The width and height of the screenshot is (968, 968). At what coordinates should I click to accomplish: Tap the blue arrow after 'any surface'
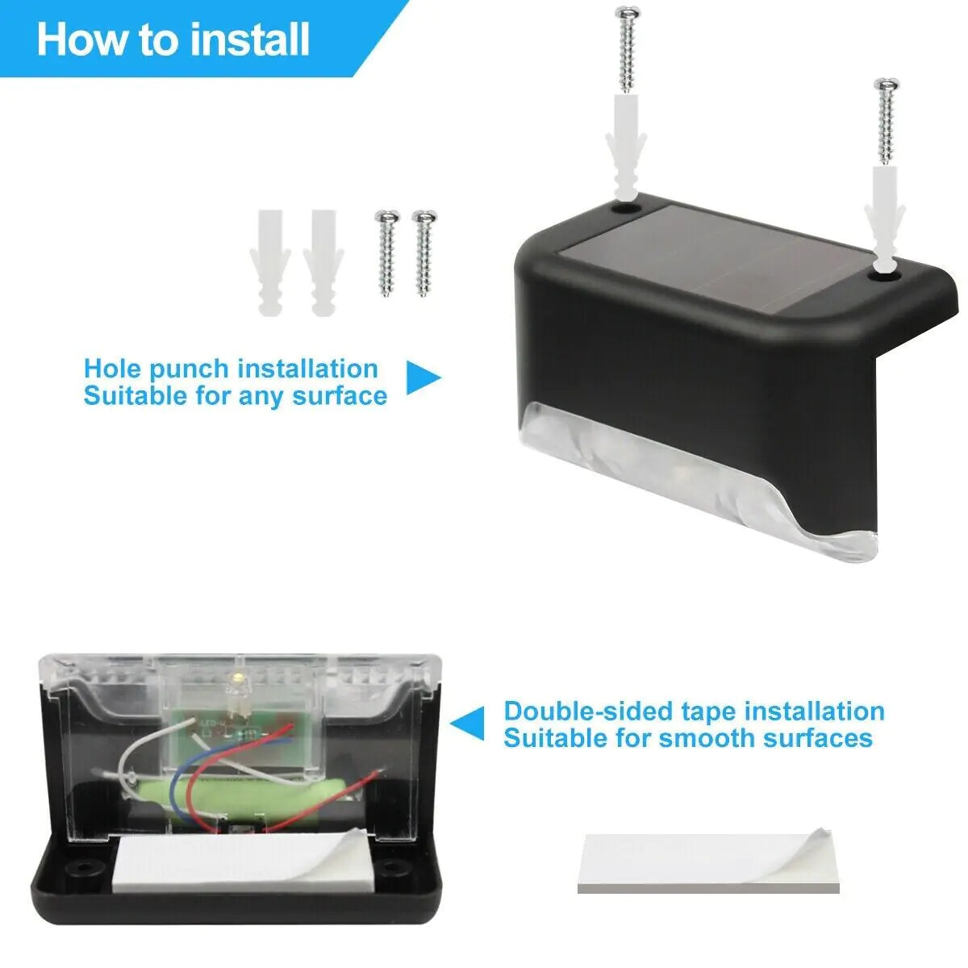point(422,378)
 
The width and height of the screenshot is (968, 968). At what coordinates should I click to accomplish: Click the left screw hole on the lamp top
point(624,207)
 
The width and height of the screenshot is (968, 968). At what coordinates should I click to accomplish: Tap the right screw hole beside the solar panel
point(885,274)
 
